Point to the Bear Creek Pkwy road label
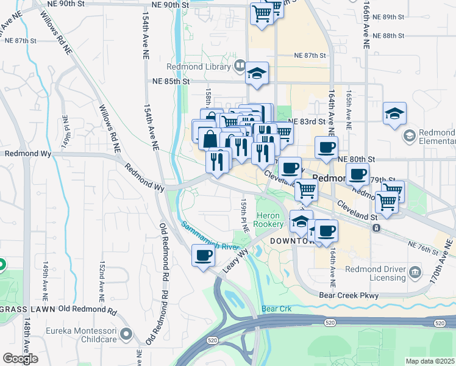click(x=349, y=295)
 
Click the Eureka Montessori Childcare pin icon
click(x=126, y=334)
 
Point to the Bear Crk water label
click(x=277, y=309)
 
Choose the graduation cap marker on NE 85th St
click(x=257, y=74)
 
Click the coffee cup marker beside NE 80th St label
click(x=326, y=147)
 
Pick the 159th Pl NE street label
click(x=244, y=215)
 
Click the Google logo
click(x=20, y=359)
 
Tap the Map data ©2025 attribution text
click(x=430, y=361)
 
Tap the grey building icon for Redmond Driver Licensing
click(x=415, y=270)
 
